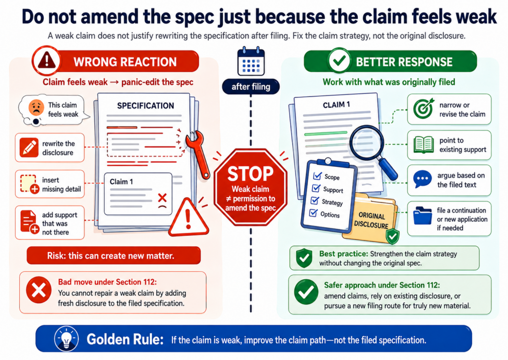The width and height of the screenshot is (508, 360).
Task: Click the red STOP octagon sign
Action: coord(251,187)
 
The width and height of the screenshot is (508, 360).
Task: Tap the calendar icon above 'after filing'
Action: coord(251,62)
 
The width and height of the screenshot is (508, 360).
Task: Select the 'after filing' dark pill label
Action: coord(251,86)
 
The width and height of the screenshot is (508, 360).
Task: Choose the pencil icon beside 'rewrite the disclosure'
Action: coord(29,147)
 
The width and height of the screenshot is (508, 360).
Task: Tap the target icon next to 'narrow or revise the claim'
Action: coord(424,109)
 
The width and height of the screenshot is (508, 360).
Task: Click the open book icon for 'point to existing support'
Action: coord(424,145)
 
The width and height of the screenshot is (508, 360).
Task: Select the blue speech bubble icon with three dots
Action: coord(423,179)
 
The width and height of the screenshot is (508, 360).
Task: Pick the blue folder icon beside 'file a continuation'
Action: coord(423,216)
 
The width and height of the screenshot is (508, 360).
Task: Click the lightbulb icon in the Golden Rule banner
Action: coord(66,339)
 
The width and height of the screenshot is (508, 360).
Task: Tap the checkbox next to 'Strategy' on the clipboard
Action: coord(314,201)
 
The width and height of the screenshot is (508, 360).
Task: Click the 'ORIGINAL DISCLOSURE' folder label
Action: coord(371,220)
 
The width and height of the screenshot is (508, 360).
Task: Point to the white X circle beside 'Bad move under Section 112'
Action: coord(39,290)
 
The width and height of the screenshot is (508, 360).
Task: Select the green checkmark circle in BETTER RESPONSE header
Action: coord(339,61)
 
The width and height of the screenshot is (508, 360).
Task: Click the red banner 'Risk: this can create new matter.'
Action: coord(114,256)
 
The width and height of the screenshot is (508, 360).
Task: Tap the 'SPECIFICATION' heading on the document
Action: coord(145,106)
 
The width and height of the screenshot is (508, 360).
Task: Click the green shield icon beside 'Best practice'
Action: coord(304,258)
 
